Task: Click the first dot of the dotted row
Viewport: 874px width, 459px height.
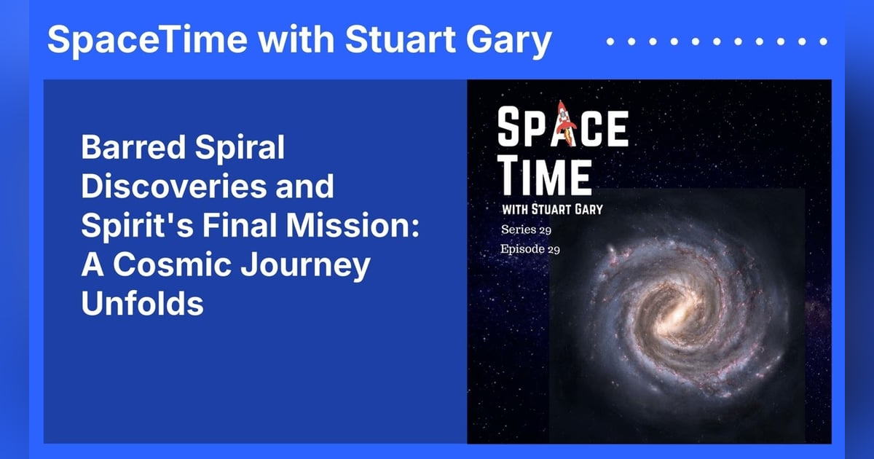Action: (610, 42)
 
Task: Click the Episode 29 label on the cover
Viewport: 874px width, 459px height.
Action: (530, 249)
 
